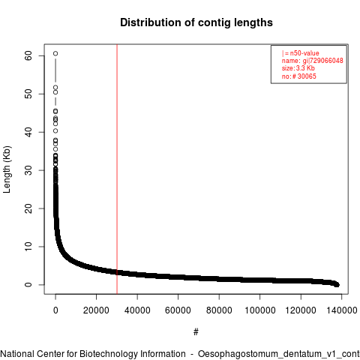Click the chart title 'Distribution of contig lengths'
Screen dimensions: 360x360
[196, 22]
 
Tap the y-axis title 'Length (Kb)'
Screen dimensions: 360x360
[7, 169]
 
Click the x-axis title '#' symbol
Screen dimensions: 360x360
[196, 332]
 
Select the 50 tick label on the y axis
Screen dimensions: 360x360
[28, 94]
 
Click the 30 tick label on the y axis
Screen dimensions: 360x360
[28, 170]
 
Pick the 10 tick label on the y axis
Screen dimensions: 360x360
[28, 247]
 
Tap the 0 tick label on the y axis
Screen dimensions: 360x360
[28, 285]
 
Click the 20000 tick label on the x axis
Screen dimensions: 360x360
[96, 310]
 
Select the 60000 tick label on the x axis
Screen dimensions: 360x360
[178, 310]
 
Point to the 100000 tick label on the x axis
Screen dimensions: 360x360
[260, 310]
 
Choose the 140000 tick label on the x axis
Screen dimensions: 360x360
[342, 310]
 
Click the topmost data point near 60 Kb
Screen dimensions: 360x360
[55, 53]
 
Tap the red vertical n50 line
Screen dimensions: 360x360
[117, 169]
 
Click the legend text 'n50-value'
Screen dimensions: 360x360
[304, 53]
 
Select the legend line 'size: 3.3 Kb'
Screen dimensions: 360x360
[298, 68]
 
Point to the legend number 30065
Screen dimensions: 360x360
[307, 76]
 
